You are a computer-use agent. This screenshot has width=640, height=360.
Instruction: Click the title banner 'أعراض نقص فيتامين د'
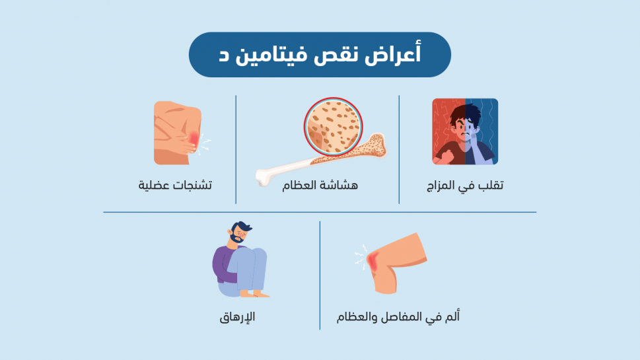320,55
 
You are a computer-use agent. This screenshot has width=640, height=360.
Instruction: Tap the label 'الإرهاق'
238,317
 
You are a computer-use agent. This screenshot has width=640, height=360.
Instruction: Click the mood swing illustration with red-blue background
465,131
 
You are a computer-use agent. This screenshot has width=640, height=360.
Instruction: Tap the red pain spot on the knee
371,262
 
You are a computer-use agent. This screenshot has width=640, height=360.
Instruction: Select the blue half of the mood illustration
481,131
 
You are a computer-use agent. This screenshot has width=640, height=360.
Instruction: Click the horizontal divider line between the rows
320,212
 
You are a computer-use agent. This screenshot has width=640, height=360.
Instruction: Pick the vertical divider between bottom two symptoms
320,275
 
